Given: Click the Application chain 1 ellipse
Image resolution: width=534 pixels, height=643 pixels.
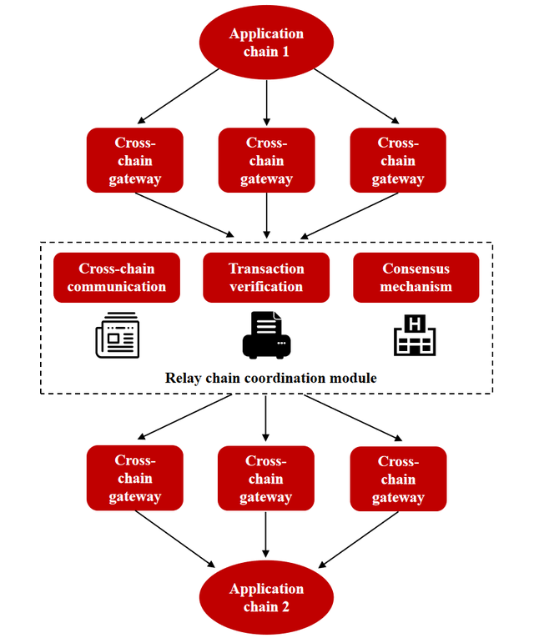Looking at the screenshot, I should tap(266, 43).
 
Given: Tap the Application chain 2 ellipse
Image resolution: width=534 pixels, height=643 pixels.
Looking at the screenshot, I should tap(266, 597).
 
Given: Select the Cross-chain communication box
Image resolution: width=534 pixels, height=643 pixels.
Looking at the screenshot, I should tap(117, 278).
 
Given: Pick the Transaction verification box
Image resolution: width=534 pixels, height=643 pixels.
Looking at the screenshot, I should tap(266, 278).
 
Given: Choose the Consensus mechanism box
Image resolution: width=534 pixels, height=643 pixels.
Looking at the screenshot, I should tap(416, 278).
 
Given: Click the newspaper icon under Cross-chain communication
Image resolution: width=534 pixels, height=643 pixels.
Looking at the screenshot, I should tap(117, 334).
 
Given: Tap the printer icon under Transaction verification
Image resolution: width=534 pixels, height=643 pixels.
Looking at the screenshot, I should tap(266, 334).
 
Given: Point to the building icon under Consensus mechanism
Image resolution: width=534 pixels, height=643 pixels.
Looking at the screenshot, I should tap(415, 334).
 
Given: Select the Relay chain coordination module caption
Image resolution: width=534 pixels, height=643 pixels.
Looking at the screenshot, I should tap(266, 378).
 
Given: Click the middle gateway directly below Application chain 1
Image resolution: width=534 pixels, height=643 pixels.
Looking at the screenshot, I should tap(266, 160).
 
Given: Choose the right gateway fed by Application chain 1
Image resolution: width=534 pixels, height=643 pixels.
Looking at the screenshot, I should tap(398, 160).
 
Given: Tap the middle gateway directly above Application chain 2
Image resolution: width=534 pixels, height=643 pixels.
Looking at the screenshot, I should tap(266, 479).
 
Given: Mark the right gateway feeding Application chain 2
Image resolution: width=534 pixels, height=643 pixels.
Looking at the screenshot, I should tap(398, 479).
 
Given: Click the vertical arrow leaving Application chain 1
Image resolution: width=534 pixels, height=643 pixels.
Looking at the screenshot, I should tap(266, 102).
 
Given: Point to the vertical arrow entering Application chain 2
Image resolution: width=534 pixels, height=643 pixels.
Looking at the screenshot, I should tap(266, 535).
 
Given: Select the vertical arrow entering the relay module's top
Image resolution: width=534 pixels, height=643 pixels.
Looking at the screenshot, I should tap(266, 215).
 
